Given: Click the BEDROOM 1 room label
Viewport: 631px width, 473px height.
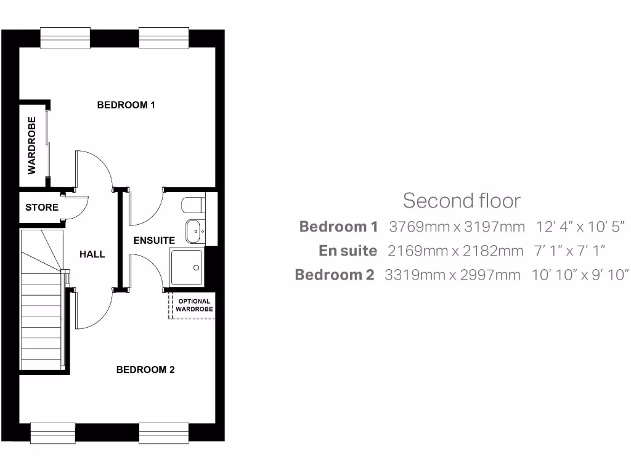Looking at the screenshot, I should (126, 105).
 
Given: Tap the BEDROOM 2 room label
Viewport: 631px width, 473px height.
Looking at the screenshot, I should (145, 370).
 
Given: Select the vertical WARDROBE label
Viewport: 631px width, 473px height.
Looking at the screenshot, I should (32, 145).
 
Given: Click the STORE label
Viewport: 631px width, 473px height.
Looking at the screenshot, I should (42, 208).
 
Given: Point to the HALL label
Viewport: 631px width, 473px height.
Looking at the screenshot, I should (92, 254).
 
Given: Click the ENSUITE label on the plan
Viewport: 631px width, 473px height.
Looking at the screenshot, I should (154, 240).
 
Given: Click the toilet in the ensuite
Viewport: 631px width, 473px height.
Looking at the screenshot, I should (193, 204).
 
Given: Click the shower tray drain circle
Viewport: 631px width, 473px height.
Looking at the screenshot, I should (197, 268).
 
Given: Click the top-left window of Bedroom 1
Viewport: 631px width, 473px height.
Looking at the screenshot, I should (65, 38).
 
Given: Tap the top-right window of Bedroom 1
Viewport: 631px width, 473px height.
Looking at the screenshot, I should (163, 38).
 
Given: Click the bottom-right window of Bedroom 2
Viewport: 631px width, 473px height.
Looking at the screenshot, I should (163, 433).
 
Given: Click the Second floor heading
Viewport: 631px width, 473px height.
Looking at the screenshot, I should (462, 200).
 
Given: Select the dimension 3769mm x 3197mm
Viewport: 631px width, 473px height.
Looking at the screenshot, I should (457, 227).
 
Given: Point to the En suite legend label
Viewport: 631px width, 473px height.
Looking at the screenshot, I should (348, 251).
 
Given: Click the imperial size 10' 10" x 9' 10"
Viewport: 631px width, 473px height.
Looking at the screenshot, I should (580, 275).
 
